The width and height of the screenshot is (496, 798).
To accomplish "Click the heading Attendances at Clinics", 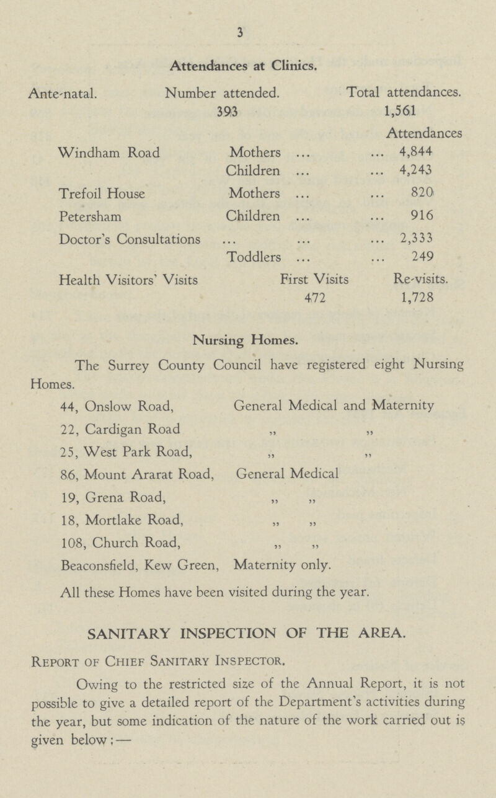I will click(x=247, y=62).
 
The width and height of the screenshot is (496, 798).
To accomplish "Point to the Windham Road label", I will click(x=107, y=151).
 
